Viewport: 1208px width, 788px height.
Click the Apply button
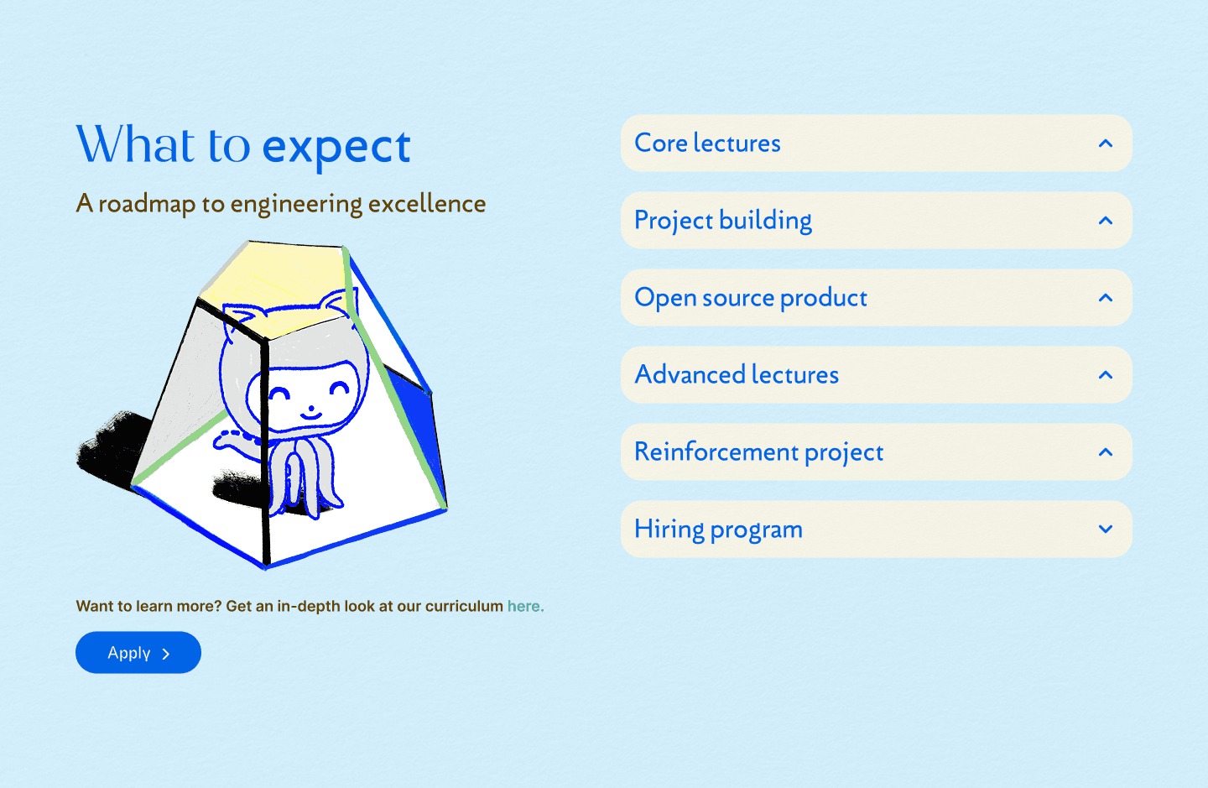(x=138, y=653)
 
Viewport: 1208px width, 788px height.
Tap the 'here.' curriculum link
(x=525, y=606)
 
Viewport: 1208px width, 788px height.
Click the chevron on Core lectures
(x=1106, y=144)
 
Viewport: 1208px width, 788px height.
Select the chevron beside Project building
(x=1106, y=221)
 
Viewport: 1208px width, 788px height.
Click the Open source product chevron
(x=1106, y=298)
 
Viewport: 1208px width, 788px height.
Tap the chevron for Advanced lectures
(x=1106, y=375)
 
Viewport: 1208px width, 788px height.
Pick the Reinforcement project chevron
(x=1106, y=452)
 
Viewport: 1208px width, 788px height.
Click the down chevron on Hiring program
(x=1106, y=529)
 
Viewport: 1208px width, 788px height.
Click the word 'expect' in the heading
(x=336, y=149)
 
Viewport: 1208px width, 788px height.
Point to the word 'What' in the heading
(x=135, y=144)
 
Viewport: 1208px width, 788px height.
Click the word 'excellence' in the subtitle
(x=426, y=203)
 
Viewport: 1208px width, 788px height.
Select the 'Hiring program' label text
(x=718, y=530)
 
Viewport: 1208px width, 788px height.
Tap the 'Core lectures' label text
(x=707, y=143)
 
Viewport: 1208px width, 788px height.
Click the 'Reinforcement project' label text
(x=758, y=452)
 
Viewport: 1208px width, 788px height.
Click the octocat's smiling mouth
(x=310, y=416)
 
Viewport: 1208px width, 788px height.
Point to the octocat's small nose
(x=310, y=408)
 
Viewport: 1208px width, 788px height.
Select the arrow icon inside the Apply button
(x=166, y=654)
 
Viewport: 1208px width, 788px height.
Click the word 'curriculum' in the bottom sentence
(x=465, y=606)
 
